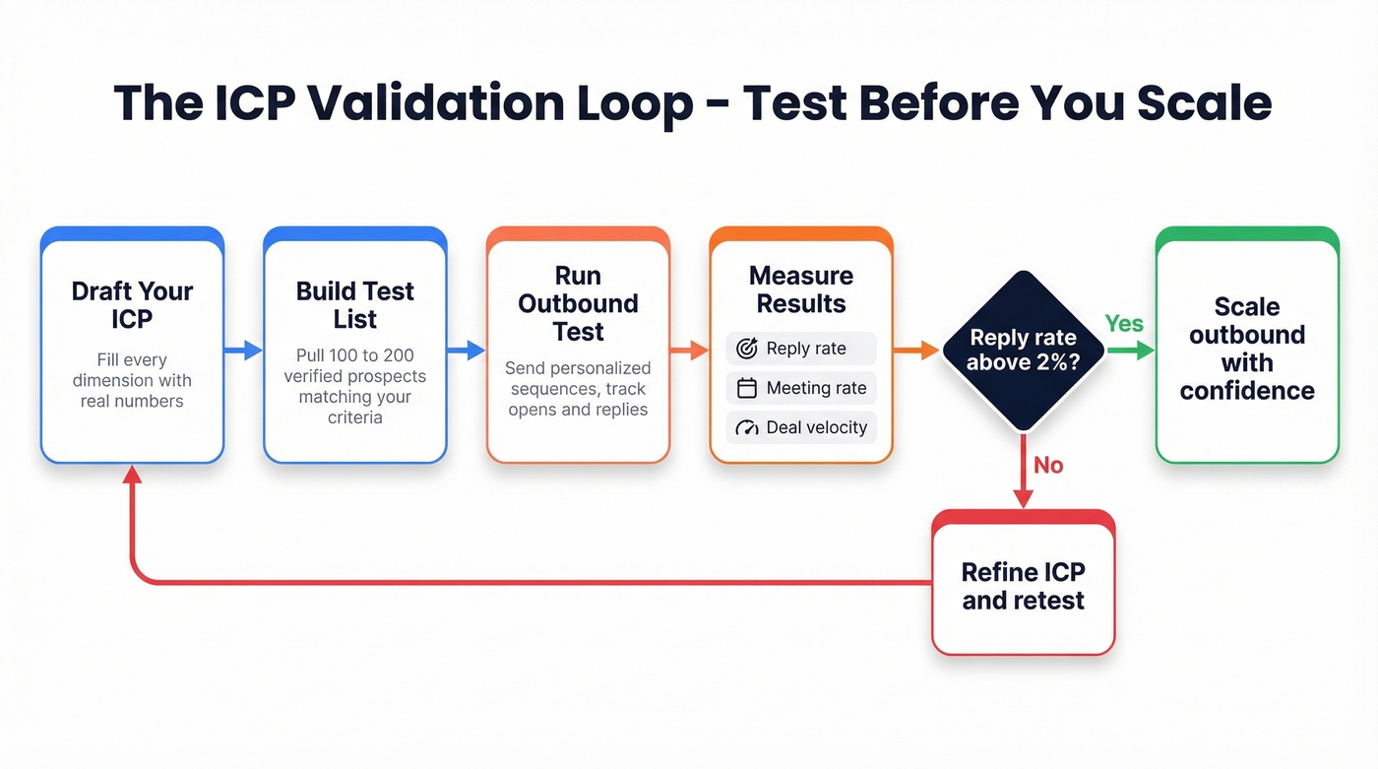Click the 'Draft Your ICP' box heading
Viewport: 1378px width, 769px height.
(x=132, y=305)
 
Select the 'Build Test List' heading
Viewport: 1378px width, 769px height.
(x=354, y=305)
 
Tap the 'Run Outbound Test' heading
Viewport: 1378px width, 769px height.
(x=578, y=303)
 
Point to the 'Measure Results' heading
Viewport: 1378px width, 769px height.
(x=800, y=289)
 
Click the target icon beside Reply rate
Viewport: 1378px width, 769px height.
(x=747, y=349)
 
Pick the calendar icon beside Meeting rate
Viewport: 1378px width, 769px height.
(x=747, y=388)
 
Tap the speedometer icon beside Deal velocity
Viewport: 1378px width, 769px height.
(x=747, y=427)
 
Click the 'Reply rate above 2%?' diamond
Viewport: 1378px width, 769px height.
(x=1023, y=350)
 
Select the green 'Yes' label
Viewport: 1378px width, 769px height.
(x=1123, y=324)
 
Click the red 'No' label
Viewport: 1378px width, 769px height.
(x=1048, y=465)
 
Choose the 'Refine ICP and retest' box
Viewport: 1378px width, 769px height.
(x=1023, y=586)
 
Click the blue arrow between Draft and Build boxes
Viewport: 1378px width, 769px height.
(x=243, y=350)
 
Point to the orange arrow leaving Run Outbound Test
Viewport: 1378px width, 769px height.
(x=689, y=350)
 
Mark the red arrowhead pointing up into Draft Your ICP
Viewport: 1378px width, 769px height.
(x=132, y=475)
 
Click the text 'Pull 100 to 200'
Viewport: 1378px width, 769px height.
(x=354, y=355)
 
